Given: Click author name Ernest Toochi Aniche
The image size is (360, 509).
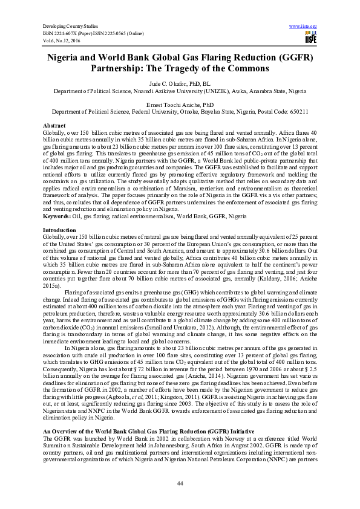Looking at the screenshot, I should (180, 105).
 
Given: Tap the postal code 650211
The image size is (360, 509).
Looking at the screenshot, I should (296, 111).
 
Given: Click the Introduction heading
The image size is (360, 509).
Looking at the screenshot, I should (59, 214).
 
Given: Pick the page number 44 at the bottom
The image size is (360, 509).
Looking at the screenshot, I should (180, 482).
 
